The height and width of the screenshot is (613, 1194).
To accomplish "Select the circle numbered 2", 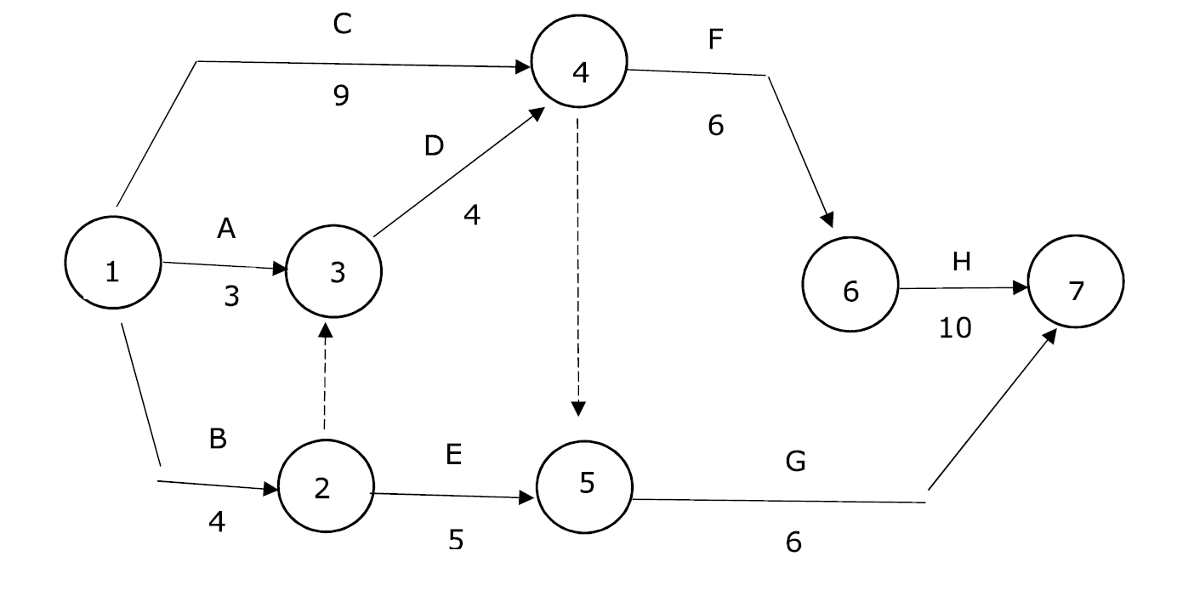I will point(326,486).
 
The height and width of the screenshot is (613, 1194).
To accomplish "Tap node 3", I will point(334,272).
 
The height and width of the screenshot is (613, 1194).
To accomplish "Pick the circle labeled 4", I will point(579,61).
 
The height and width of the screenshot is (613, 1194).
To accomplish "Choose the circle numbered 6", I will point(850,284).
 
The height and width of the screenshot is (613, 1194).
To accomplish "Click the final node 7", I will point(1076,281).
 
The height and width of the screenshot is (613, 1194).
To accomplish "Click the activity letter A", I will point(226,229).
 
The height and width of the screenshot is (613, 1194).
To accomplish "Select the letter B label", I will point(218,440).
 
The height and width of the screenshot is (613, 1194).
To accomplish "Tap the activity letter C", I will point(342,25).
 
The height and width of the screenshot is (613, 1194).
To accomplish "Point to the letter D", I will point(434,146).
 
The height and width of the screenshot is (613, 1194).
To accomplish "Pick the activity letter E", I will point(453,456).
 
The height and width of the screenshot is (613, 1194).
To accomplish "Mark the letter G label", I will point(796,462).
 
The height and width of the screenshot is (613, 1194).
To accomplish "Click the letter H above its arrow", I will point(961,262).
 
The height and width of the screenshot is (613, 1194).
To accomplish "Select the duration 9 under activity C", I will point(341,95).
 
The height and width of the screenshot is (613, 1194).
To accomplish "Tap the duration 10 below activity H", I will point(955,327).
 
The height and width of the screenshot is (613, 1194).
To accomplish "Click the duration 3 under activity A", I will point(231,297).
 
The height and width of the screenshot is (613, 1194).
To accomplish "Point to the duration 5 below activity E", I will point(456,539).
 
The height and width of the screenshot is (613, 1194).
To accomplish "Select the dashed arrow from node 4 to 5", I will point(578,264).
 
